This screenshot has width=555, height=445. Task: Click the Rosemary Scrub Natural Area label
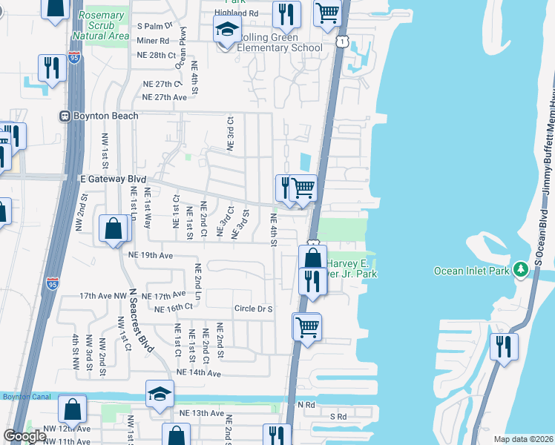coord(102,25)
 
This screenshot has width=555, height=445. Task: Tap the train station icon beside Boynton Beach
coord(65,116)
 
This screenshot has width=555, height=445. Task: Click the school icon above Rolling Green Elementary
coord(227,31)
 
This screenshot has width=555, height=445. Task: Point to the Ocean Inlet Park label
coord(471,271)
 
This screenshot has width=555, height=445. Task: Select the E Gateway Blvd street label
coord(113,179)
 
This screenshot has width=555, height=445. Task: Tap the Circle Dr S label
coord(254,309)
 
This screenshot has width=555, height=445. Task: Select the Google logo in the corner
coord(24,436)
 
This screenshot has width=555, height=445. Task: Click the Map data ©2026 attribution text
coord(524,439)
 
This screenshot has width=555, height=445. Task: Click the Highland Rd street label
coord(236,13)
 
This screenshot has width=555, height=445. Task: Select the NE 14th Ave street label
coord(199,372)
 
